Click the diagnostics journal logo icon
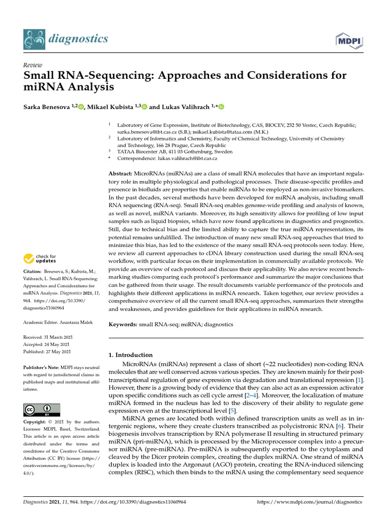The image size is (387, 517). (x=33, y=38)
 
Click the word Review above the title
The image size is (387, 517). (x=32, y=65)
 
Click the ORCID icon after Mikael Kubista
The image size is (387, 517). (x=144, y=107)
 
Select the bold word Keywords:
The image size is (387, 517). (x=124, y=325)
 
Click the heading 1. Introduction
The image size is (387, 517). (x=131, y=355)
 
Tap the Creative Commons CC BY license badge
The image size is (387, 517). (x=42, y=409)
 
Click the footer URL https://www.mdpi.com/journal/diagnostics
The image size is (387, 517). (x=309, y=502)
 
